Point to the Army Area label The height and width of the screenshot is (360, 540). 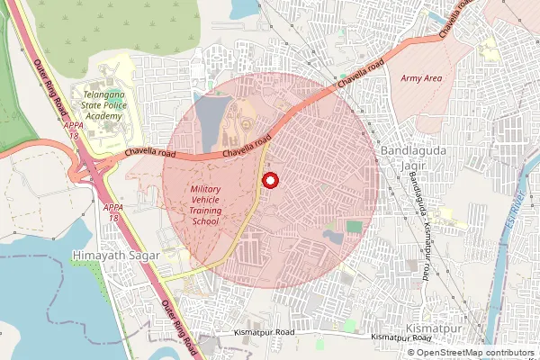(x=421, y=79)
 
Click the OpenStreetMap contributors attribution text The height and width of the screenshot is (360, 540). (x=476, y=353)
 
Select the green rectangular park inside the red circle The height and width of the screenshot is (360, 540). (x=355, y=228)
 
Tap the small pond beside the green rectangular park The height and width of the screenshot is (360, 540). (x=332, y=238)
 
